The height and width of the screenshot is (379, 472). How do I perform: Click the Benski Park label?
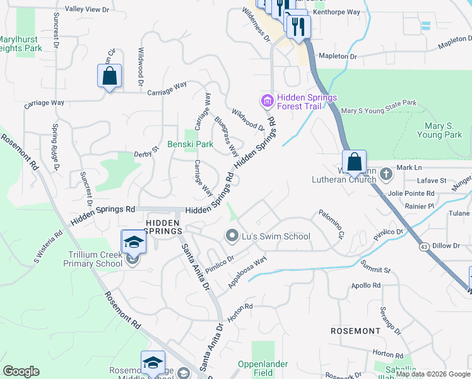(x=190, y=144)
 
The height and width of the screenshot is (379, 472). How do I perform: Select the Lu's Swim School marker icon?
(x=232, y=236)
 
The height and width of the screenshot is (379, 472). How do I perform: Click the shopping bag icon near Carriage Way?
(x=109, y=76)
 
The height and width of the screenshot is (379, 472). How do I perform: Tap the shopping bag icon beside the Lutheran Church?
(x=355, y=162)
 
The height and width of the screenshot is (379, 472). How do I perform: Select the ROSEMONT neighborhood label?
(x=356, y=330)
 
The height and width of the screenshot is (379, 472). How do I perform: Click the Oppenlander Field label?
(x=263, y=368)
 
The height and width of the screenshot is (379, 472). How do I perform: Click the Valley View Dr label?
(x=91, y=9)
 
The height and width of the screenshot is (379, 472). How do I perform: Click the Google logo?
(x=21, y=371)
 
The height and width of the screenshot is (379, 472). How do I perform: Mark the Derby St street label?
(x=146, y=154)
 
